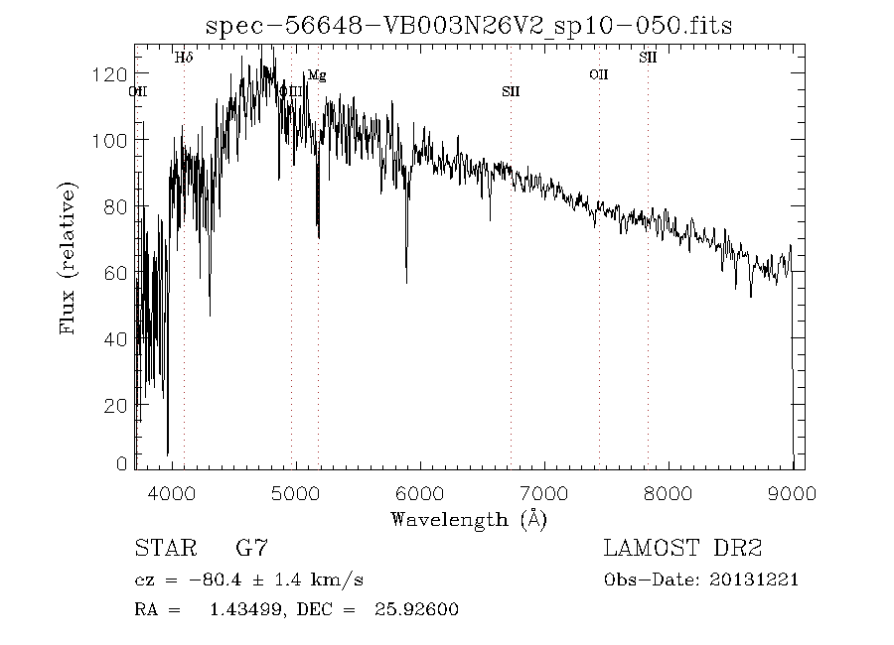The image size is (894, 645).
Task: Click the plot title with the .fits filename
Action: (x=468, y=27)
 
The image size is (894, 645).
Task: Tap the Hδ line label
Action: (x=184, y=59)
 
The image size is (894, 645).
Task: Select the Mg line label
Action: (x=316, y=75)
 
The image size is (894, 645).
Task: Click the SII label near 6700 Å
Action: (x=511, y=92)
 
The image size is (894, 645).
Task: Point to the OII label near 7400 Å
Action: (x=598, y=74)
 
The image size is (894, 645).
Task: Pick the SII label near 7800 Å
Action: (x=648, y=59)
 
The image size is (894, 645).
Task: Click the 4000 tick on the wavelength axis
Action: (x=172, y=493)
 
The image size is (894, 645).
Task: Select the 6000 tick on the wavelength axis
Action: (x=419, y=493)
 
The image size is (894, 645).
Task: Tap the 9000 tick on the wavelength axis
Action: (x=791, y=493)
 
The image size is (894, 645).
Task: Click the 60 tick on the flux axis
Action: (x=115, y=273)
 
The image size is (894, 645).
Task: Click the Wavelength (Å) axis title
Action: (x=469, y=519)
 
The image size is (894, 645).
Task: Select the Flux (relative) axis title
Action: (x=69, y=258)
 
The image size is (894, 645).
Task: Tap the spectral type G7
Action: (x=250, y=548)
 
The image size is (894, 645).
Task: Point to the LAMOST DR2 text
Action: (x=682, y=548)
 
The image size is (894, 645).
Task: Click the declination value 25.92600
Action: (x=416, y=609)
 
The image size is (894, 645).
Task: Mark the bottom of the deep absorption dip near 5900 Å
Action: (x=406, y=282)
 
